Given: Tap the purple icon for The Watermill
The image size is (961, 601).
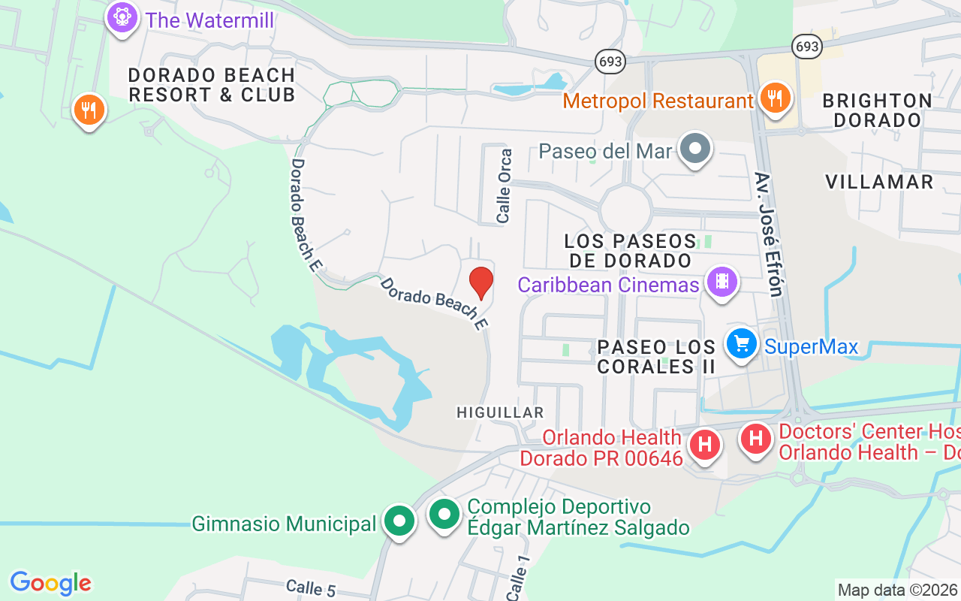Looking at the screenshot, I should pyautogui.click(x=121, y=17).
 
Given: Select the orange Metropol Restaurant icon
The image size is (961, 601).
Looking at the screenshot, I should pyautogui.click(x=773, y=98).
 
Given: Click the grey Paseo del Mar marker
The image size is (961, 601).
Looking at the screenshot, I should pyautogui.click(x=695, y=149).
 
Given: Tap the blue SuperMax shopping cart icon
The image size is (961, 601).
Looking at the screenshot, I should pyautogui.click(x=742, y=344).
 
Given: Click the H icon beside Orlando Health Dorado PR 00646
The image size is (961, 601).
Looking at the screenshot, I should pyautogui.click(x=704, y=444).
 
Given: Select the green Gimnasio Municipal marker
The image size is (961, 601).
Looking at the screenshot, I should pyautogui.click(x=399, y=521).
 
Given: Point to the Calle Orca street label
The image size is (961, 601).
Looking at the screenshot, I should pyautogui.click(x=505, y=186).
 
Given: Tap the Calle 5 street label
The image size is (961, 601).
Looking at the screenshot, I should pyautogui.click(x=311, y=587).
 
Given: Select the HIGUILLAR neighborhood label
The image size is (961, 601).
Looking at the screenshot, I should pyautogui.click(x=500, y=412).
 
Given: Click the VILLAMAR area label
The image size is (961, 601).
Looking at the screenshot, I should pyautogui.click(x=879, y=182).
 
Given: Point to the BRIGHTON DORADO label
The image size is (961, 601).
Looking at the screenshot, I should pyautogui.click(x=877, y=110).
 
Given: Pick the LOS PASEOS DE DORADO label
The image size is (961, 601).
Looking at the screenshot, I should pyautogui.click(x=631, y=251).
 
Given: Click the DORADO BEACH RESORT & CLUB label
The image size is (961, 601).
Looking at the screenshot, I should pyautogui.click(x=212, y=85).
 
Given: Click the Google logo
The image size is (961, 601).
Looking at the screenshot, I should pyautogui.click(x=50, y=583).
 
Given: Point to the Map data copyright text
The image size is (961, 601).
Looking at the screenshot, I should pyautogui.click(x=898, y=590).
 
